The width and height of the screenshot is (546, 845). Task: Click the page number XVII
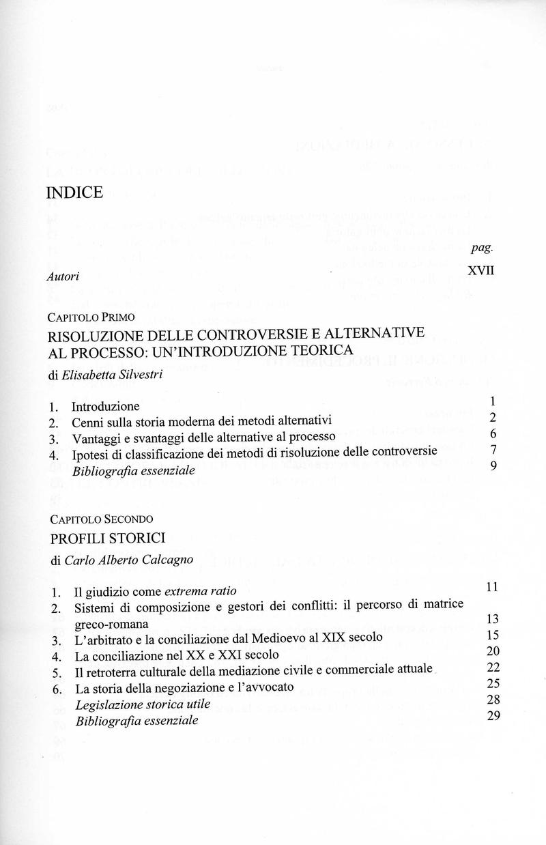[480, 270]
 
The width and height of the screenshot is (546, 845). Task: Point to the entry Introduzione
[105, 406]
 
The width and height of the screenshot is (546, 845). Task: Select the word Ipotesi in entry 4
[90, 453]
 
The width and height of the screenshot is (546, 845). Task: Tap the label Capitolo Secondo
[97, 518]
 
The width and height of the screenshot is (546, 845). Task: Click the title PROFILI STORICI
[108, 539]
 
